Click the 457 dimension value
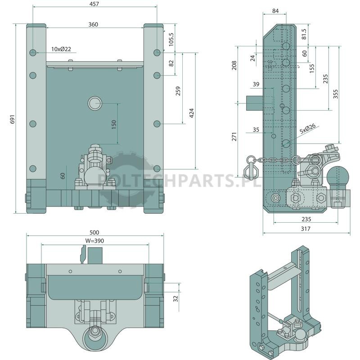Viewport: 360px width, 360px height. click(94, 4)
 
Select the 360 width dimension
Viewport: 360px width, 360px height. click(93, 24)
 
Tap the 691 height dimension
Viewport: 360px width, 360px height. click(13, 119)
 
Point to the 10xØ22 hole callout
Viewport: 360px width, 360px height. click(61, 49)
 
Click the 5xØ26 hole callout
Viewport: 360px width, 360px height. click(308, 129)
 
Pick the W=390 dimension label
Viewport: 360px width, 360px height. click(94, 241)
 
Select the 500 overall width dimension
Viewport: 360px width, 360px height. click(94, 232)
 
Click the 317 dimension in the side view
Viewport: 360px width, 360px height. click(306, 229)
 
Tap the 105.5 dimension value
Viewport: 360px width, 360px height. click(171, 39)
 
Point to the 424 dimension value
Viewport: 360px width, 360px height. click(192, 113)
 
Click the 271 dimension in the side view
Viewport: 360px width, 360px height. click(234, 136)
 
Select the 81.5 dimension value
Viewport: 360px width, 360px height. click(304, 34)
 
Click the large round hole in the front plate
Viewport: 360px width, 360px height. click(95, 103)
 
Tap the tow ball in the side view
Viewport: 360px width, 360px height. click(338, 177)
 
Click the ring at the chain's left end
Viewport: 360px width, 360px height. click(251, 160)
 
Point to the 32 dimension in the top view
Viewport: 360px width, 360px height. click(175, 298)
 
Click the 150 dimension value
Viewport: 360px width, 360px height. click(114, 124)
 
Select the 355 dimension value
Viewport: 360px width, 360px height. click(335, 94)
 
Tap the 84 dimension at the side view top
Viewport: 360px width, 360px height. click(275, 11)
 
